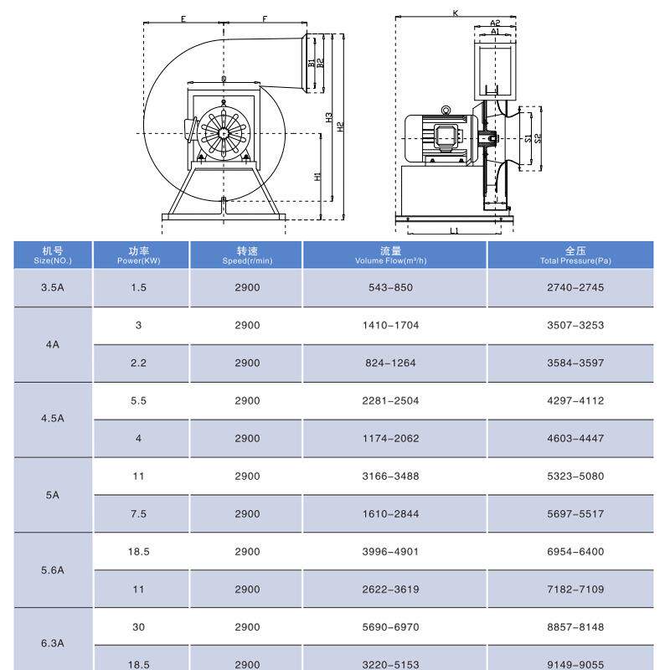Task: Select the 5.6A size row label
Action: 52,570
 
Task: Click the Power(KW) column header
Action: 138,255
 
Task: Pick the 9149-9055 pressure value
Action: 575,664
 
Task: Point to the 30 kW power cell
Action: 138,627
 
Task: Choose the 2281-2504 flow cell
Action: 390,400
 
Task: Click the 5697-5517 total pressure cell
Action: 575,513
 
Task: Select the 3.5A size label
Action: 52,287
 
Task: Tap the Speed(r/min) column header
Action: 247,255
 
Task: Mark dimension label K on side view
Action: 455,13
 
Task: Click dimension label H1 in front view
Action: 317,177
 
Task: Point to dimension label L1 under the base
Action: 454,229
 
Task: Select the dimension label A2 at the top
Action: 495,23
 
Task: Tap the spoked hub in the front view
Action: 224,132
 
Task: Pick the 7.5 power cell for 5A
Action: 138,513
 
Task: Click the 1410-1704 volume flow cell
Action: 390,325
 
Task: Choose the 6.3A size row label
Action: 52,644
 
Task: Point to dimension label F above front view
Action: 265,18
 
